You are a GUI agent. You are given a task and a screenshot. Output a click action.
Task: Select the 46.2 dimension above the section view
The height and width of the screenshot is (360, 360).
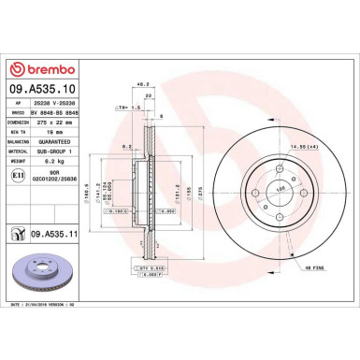(x=145, y=83)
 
